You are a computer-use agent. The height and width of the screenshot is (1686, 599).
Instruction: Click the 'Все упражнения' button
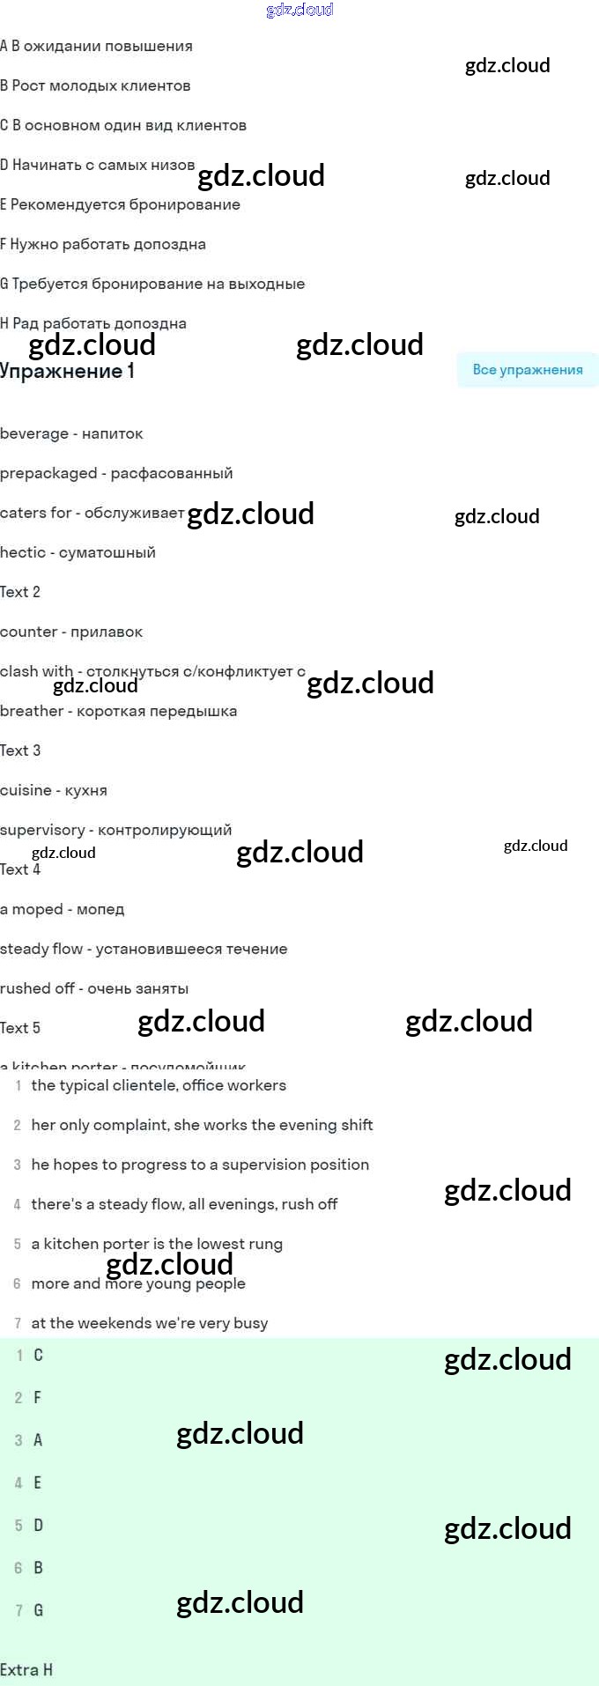[x=527, y=370]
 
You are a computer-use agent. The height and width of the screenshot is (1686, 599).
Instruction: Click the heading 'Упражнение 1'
[x=68, y=372]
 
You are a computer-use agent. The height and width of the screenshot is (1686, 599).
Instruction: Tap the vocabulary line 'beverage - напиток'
[x=71, y=433]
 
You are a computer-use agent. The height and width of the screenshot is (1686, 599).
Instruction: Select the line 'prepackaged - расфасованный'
[x=116, y=473]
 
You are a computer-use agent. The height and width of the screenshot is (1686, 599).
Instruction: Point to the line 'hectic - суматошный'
[x=78, y=552]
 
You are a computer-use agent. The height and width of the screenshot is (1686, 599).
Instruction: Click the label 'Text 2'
[x=20, y=592]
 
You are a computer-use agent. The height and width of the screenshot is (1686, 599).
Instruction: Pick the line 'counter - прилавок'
[x=71, y=632]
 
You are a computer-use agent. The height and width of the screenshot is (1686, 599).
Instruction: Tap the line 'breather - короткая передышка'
[x=118, y=711]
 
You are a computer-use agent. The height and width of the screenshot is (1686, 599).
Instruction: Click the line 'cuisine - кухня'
[x=54, y=790]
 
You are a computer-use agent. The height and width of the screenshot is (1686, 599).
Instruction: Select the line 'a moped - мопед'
[x=63, y=909]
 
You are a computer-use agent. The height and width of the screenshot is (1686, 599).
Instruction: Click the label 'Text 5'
[x=20, y=1028]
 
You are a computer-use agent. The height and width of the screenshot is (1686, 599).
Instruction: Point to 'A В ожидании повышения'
[x=96, y=46]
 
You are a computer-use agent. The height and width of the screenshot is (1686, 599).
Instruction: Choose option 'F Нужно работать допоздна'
[x=103, y=244]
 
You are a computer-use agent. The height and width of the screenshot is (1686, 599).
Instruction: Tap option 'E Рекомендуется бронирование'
[x=120, y=204]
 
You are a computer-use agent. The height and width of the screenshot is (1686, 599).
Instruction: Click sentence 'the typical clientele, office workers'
[x=159, y=1085]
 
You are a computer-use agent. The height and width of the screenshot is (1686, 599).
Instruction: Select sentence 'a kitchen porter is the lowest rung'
[x=157, y=1244]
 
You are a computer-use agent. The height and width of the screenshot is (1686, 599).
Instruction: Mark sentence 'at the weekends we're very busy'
[x=150, y=1323]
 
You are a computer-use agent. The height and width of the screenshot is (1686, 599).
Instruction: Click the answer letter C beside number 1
[x=38, y=1355]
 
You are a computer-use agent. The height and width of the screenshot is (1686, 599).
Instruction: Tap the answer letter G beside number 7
[x=38, y=1610]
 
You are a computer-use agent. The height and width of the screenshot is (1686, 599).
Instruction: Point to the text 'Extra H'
[x=26, y=1670]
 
